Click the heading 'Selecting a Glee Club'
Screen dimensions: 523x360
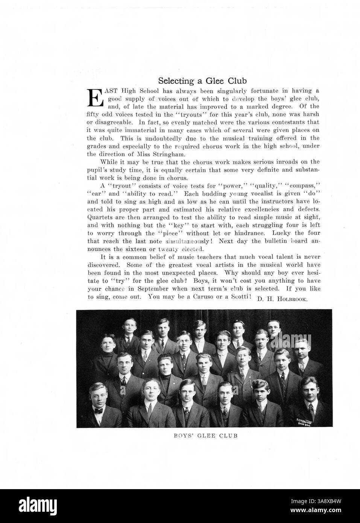(x=202, y=81)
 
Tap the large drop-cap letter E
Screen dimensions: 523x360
(x=95, y=97)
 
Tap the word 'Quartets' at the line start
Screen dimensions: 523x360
(x=98, y=218)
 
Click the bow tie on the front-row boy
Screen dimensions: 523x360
(x=99, y=410)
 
